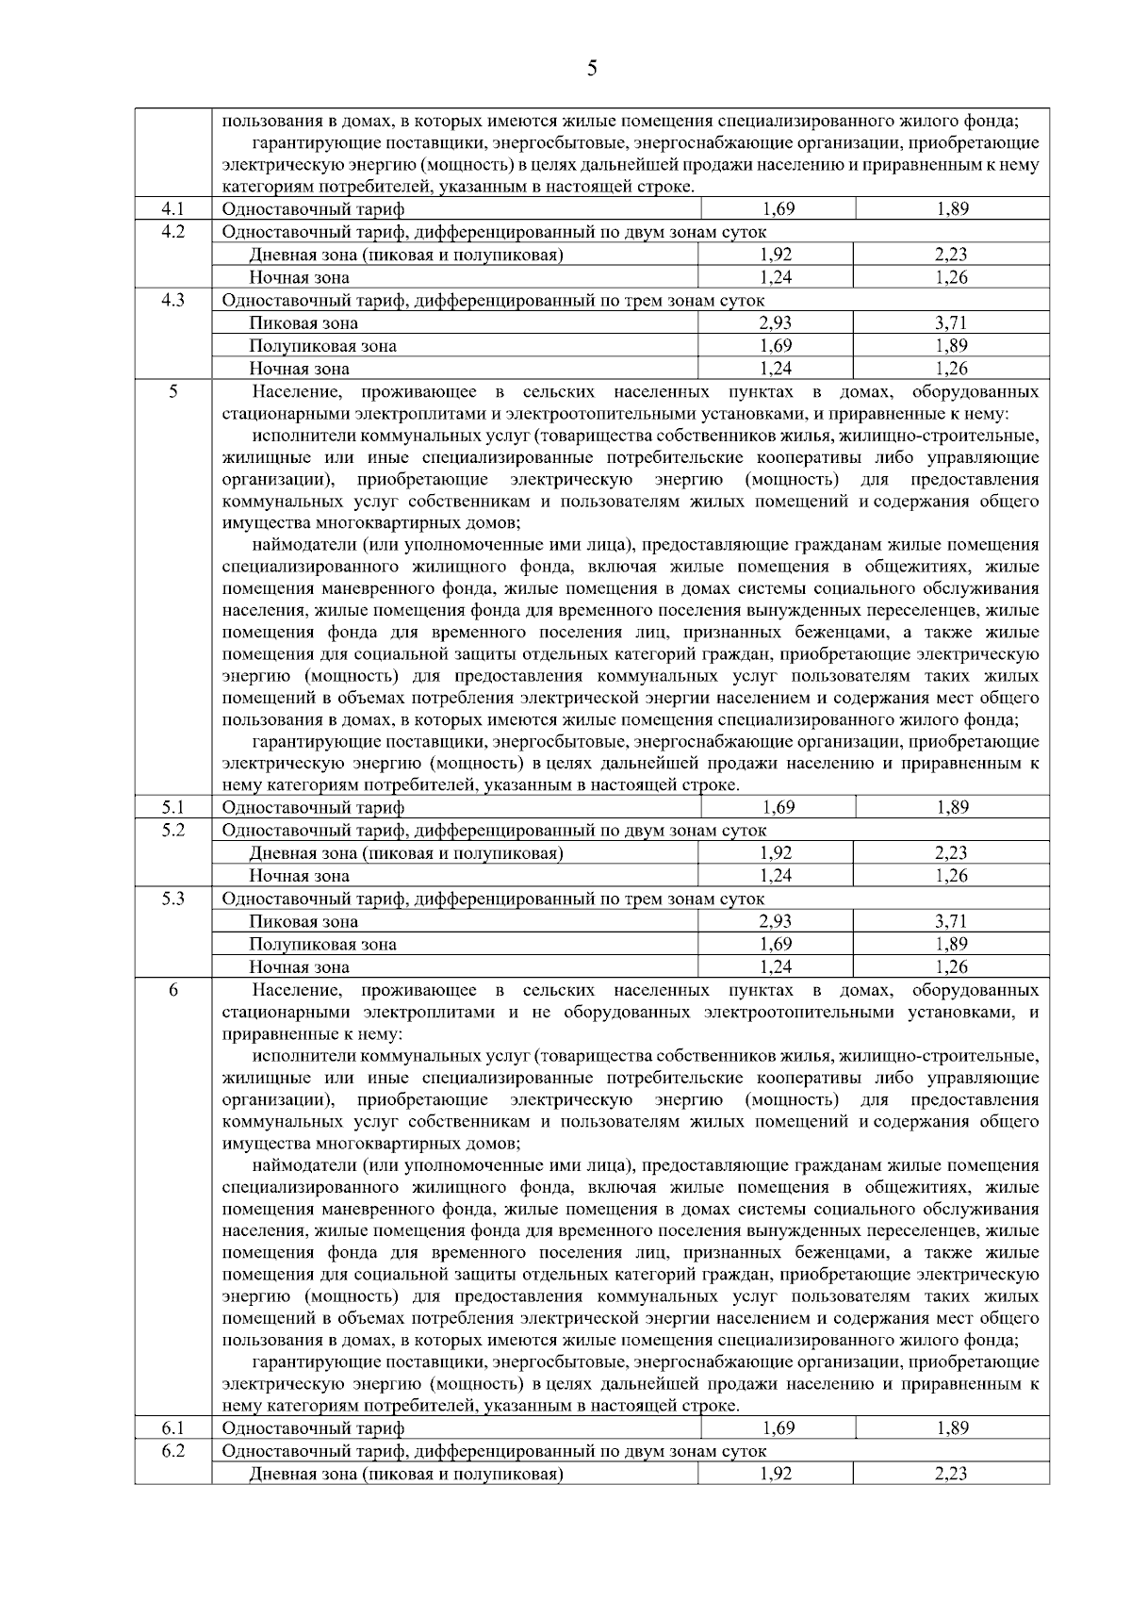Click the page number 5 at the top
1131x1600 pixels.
pos(591,68)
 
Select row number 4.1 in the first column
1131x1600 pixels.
pos(172,208)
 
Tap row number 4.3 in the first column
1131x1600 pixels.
pos(172,300)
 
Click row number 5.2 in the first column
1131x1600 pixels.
pos(172,830)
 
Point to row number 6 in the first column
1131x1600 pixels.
pos(173,990)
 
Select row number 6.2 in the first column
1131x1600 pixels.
pos(172,1450)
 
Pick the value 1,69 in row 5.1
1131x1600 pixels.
pos(778,807)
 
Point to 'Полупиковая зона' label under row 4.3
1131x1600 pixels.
pos(322,346)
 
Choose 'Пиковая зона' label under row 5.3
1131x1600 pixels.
pos(303,921)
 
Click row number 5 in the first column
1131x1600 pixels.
pos(173,391)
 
